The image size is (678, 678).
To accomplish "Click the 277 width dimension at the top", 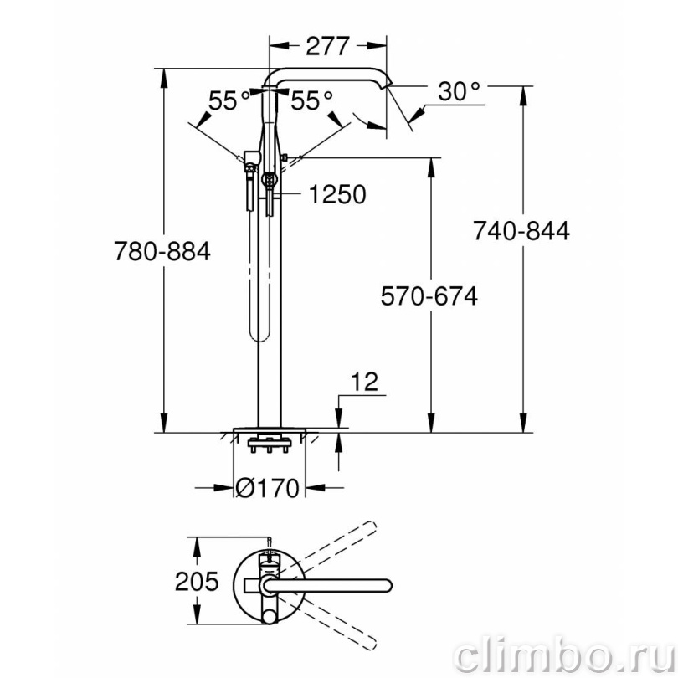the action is pos(327,46).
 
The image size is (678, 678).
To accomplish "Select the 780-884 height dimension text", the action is pos(162,251).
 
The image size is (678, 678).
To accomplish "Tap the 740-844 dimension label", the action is pos(521,230).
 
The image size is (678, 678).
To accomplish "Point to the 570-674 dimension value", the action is pos(429,296).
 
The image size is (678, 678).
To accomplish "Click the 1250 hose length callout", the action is pos(337,194).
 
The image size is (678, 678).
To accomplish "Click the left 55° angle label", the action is pos(229,101).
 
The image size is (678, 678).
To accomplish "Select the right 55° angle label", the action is pos(311,101).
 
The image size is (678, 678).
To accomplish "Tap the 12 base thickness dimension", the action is pos(364,382).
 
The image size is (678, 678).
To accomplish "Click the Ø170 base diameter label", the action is pos(267,488).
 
